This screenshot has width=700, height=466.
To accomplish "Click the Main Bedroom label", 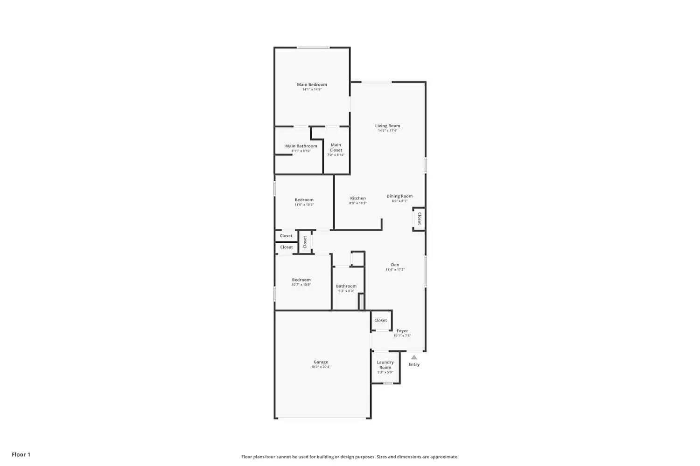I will pos(312,85).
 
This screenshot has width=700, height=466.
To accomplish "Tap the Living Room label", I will pos(387,126).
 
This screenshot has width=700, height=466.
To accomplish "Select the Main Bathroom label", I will pos(301,146).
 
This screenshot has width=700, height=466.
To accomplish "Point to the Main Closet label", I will pos(336,147).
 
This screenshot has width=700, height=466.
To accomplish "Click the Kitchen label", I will pos(358,199).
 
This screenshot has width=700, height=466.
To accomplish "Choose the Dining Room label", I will pos(399,196).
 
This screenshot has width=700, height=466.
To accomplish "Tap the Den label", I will pos(395,265).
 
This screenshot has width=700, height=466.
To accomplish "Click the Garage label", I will pos(321,362).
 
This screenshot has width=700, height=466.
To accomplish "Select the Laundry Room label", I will pos(385,365).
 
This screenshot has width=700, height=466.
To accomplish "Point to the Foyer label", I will pos(402,331).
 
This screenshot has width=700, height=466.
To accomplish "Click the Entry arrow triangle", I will pos(414,357).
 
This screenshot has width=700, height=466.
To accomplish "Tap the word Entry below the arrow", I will pos(414,364).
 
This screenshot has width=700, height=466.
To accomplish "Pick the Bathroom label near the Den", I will pos(346,286).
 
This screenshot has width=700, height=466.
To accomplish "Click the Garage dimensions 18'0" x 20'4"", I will pos(321,367).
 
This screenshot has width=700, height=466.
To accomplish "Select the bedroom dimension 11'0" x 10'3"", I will pos(304,205).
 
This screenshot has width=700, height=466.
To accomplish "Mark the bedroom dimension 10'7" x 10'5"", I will pos(301,285).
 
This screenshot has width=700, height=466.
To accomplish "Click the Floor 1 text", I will pos(21,454).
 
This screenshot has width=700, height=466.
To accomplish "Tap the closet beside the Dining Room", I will pos(419,219).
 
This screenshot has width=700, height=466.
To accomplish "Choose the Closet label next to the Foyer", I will pos(380,321).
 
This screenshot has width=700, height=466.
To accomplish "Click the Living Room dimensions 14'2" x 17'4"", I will pos(387,131).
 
